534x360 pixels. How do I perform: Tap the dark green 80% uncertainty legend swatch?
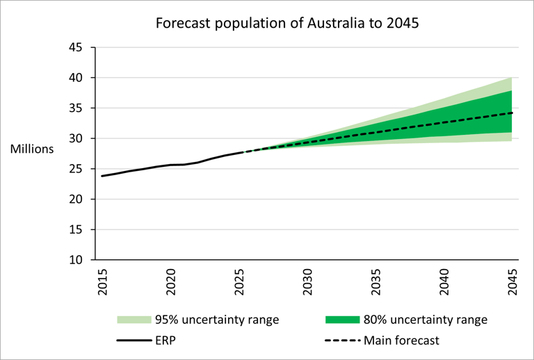342,320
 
